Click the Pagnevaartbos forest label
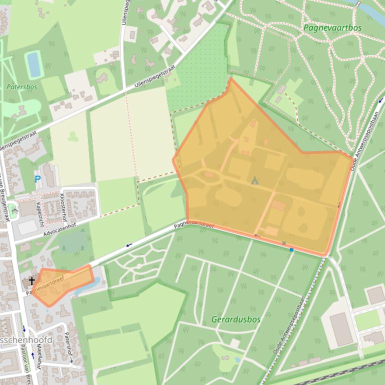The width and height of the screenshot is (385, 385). tap(332, 27)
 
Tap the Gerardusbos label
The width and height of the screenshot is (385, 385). tap(236, 319)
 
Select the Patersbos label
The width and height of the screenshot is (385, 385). tap(22, 86)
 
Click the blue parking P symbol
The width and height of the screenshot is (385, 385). tap(37, 178)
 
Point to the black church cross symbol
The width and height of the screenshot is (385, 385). tap(31, 281)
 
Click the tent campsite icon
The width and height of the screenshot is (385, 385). tap(254, 180)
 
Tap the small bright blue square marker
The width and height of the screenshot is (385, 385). tap(291, 249)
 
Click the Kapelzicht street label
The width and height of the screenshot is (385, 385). tap(39, 213)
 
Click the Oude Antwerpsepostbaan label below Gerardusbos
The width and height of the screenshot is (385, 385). tap(289, 325)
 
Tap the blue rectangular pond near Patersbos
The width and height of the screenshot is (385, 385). tap(34, 64)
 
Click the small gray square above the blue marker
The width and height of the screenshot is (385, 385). tap(284, 243)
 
